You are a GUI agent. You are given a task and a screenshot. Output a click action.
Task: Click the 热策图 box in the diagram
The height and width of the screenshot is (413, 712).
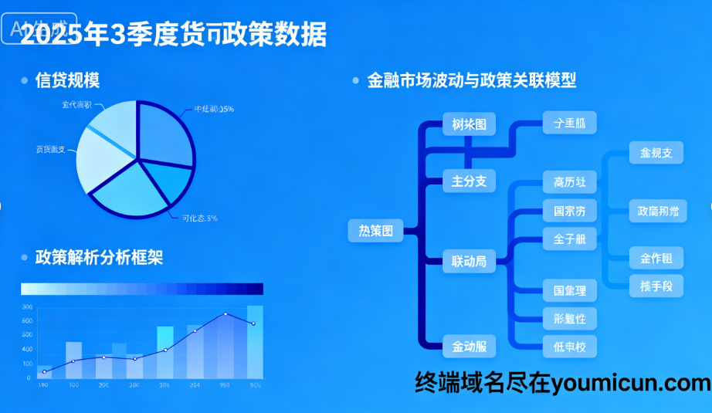pyautogui.click(x=376, y=230)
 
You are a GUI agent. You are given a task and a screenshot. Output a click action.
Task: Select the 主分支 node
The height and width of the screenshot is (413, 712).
pyautogui.click(x=469, y=181)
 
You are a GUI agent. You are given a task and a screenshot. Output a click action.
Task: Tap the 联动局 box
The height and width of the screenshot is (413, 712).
pyautogui.click(x=469, y=262)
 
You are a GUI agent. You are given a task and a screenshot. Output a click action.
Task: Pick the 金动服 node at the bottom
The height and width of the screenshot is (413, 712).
pyautogui.click(x=469, y=347)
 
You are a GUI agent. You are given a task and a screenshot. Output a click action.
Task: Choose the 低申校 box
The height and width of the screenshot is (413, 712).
pyautogui.click(x=570, y=347)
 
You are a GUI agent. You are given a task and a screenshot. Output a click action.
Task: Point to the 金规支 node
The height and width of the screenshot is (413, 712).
pyautogui.click(x=656, y=153)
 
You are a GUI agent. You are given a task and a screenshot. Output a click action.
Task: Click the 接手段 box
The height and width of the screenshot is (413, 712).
pyautogui.click(x=656, y=286)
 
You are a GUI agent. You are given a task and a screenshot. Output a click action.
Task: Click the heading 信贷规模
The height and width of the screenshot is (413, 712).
pyautogui.click(x=67, y=80)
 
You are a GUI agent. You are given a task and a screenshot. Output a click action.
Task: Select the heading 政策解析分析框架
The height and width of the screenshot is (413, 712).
pyautogui.click(x=99, y=257)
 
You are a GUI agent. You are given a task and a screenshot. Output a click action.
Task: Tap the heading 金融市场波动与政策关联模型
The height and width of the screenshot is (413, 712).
pyautogui.click(x=472, y=80)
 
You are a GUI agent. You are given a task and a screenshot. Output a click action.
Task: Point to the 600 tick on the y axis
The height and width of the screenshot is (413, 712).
pyautogui.click(x=27, y=321)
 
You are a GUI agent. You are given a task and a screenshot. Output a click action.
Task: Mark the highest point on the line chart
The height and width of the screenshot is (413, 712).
pyautogui.click(x=225, y=314)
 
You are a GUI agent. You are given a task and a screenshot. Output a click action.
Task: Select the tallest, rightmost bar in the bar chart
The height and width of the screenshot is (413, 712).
pyautogui.click(x=255, y=342)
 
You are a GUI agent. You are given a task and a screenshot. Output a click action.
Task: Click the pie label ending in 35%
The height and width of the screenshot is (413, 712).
pyautogui.click(x=215, y=109)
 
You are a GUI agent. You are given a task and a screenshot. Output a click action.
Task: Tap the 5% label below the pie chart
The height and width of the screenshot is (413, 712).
pyautogui.click(x=199, y=218)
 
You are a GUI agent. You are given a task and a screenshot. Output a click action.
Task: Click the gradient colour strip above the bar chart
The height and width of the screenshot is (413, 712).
pyautogui.click(x=142, y=289)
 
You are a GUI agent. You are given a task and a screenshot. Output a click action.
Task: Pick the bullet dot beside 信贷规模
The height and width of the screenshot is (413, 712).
pyautogui.click(x=25, y=80)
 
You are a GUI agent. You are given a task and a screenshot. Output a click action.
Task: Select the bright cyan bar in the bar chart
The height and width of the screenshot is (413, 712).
pyautogui.click(x=165, y=352)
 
